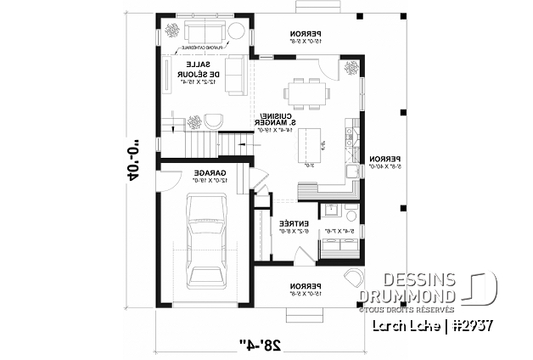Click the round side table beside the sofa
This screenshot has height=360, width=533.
tap(237, 31)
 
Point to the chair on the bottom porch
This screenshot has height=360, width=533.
tap(351, 279)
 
